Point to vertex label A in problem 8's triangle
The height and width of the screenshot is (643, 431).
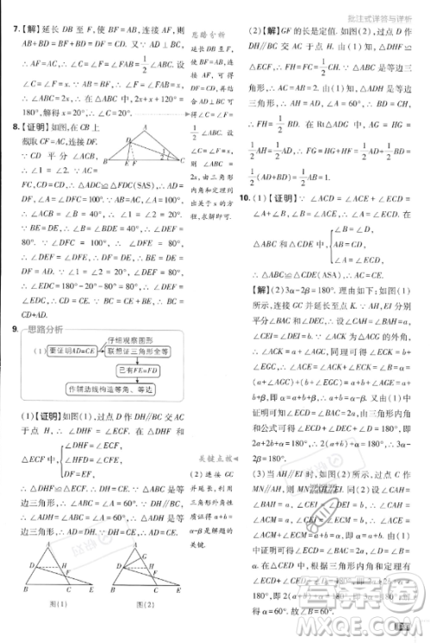(128, 134)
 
